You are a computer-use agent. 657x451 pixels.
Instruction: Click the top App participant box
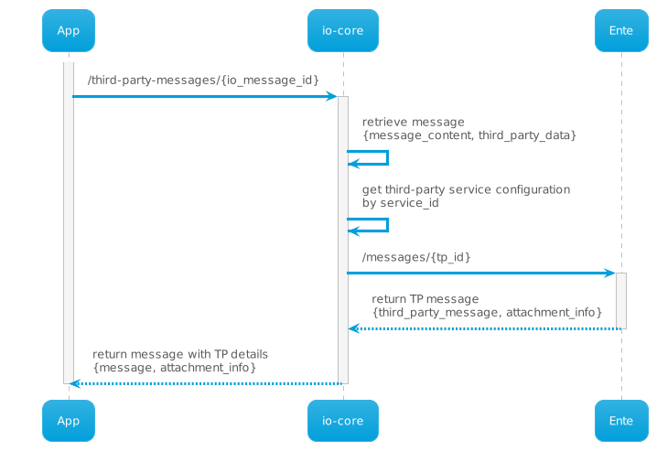68,30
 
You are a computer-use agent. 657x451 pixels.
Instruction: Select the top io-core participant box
342,30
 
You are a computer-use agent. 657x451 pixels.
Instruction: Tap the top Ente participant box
620,30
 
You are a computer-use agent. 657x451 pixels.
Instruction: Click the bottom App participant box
68,421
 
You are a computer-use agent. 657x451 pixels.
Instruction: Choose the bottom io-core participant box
342,421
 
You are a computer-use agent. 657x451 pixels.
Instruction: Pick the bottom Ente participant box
620,421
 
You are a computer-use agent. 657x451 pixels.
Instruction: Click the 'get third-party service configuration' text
466,189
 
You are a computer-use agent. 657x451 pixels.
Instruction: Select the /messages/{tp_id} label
415,257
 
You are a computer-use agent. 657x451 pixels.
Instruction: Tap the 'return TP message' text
425,299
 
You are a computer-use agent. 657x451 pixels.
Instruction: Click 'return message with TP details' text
180,354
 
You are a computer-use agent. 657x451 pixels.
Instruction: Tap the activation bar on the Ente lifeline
620,300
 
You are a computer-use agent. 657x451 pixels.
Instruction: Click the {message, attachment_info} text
174,368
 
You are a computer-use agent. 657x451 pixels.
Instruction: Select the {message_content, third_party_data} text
469,135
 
